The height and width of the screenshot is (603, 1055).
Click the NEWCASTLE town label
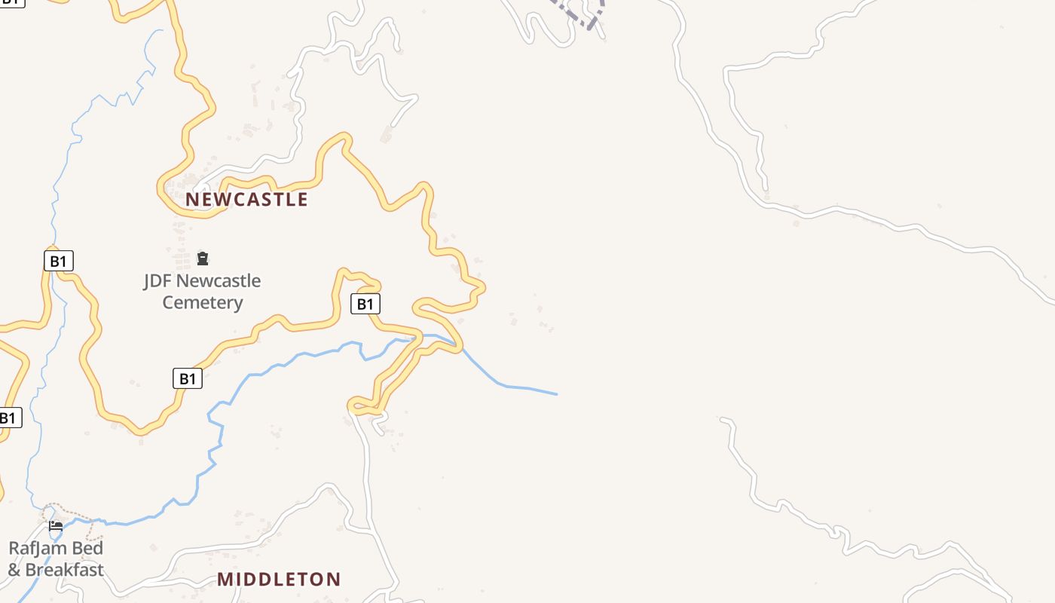(247, 199)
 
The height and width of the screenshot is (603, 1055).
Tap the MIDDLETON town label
(279, 579)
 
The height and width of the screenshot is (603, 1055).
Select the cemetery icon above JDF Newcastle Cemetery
(202, 259)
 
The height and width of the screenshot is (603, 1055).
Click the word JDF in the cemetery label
(160, 281)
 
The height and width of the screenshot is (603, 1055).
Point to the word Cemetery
(203, 303)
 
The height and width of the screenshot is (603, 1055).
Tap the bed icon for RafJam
(56, 525)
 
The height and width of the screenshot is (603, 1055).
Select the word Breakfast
(64, 570)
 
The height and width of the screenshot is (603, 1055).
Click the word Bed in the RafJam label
(86, 548)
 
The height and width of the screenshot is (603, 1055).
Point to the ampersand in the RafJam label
(14, 570)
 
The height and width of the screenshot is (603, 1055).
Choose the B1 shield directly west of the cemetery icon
(58, 262)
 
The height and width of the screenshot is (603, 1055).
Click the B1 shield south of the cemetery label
(188, 378)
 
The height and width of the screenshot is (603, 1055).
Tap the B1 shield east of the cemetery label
(365, 304)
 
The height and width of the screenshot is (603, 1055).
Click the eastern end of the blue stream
(555, 393)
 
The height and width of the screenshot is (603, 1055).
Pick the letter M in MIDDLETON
(225, 579)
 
